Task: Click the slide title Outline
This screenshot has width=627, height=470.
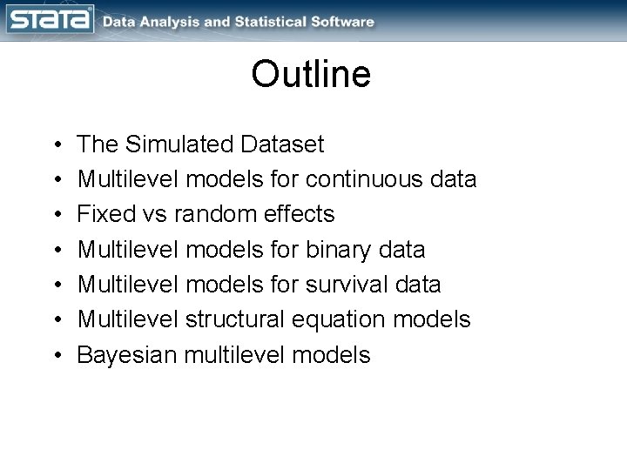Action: pyautogui.click(x=311, y=74)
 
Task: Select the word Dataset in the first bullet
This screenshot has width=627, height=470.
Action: pyautogui.click(x=282, y=144)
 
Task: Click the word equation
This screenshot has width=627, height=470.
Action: pyautogui.click(x=343, y=320)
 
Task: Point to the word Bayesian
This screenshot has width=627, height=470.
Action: pyautogui.click(x=126, y=355)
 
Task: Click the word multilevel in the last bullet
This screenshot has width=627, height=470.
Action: pyautogui.click(x=244, y=355)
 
